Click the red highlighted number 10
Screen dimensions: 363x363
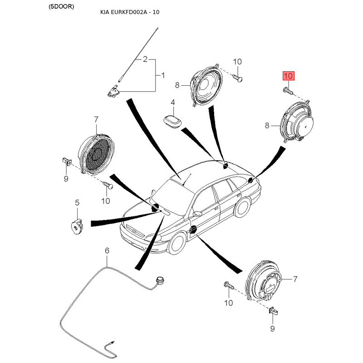pos(289,76)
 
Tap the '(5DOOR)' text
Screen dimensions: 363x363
pos(61,6)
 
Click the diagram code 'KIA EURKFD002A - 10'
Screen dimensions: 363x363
pos(130,12)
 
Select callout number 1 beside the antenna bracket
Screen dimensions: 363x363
pos(163,75)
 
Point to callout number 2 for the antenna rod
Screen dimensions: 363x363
pos(145,59)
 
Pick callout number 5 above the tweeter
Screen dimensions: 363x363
pos(77,202)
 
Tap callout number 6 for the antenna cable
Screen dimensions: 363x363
pos(107,250)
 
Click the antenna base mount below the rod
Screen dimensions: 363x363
pos(114,92)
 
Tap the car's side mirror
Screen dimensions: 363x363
pos(197,213)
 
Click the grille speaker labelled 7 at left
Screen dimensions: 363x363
pos(96,152)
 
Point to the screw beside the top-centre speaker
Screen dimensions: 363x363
pos(238,78)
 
